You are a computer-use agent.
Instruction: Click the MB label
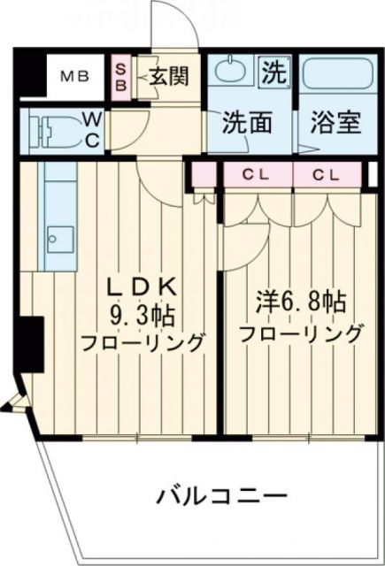(74, 76)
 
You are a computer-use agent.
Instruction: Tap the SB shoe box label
(121, 76)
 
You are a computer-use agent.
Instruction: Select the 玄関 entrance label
(167, 77)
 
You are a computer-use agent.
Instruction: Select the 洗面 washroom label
(247, 121)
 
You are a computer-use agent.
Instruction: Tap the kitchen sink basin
(59, 239)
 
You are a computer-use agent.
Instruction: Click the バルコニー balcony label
(210, 494)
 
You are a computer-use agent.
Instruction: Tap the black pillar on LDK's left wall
(32, 341)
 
